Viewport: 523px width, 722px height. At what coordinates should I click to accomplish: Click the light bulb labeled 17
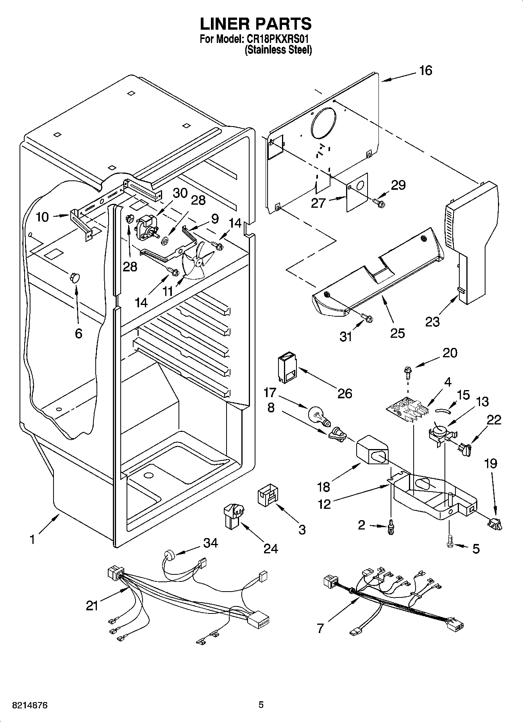[318, 415]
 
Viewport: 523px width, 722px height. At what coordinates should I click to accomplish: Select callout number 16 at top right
[425, 71]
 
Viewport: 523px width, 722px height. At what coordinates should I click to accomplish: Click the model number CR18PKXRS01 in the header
[278, 39]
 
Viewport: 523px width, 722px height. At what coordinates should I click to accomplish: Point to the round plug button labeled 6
[74, 277]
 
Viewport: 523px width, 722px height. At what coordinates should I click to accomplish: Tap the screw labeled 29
[379, 203]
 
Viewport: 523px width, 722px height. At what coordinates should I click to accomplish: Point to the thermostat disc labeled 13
[439, 431]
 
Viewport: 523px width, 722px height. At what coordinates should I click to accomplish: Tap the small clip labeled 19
[494, 523]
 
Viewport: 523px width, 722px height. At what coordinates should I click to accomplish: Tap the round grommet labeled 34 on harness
[170, 556]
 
